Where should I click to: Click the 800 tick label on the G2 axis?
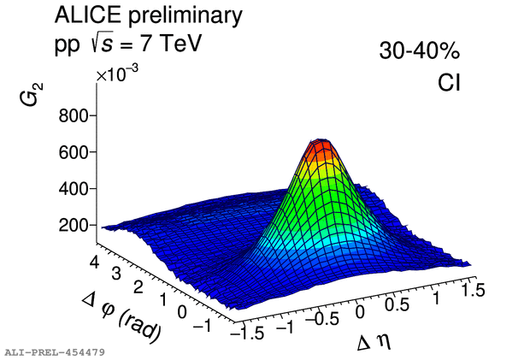(74, 116)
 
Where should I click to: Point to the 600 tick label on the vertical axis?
(74, 152)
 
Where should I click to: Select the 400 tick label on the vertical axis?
(74, 188)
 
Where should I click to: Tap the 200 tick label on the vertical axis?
(74, 224)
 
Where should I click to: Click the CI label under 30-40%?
(446, 83)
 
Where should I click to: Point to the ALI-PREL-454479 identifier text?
(55, 351)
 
